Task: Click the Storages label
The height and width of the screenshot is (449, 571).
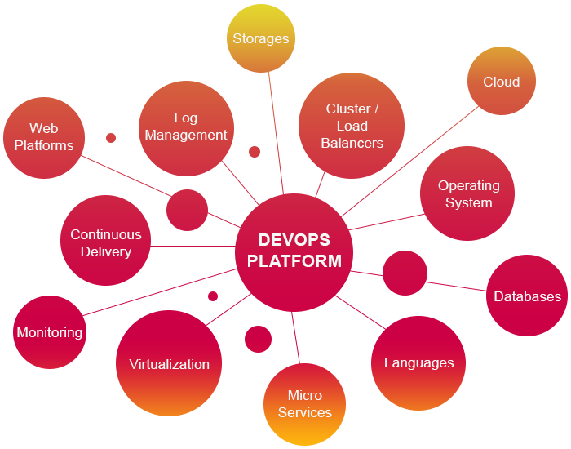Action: click(261, 38)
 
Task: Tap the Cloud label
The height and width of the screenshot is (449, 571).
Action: click(502, 82)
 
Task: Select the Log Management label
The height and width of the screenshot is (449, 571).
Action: click(186, 127)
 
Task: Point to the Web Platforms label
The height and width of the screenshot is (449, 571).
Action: click(44, 137)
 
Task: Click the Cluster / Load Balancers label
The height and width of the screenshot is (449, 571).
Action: click(352, 126)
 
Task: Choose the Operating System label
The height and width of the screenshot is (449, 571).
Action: click(469, 194)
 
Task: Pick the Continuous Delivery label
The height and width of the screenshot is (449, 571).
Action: click(106, 243)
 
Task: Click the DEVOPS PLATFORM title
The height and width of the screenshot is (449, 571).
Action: click(294, 251)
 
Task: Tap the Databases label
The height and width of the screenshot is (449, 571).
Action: click(528, 296)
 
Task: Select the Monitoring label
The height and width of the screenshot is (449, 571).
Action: click(50, 332)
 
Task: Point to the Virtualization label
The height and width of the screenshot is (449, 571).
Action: click(170, 364)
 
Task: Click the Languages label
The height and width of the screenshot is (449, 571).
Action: click(419, 362)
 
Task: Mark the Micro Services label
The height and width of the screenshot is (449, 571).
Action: click(305, 404)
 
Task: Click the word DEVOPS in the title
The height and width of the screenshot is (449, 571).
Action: click(294, 240)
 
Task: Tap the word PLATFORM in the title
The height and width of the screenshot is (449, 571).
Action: click(294, 261)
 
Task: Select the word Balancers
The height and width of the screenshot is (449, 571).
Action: click(352, 143)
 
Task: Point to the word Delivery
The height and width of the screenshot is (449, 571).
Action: click(106, 251)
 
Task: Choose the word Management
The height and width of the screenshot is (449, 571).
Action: click(186, 135)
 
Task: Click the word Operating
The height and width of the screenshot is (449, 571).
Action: click(469, 186)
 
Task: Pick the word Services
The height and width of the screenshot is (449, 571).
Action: click(305, 412)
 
